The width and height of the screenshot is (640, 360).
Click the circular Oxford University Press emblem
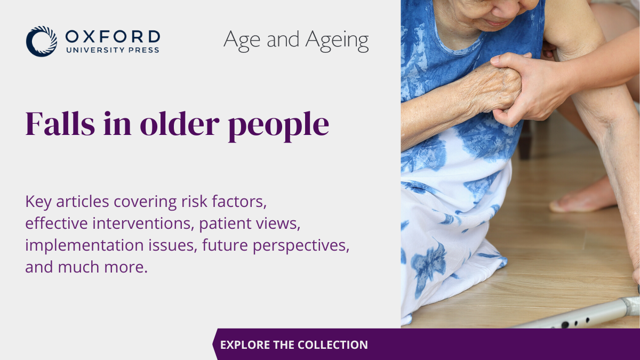point(42,42)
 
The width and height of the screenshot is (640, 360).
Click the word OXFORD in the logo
point(113,37)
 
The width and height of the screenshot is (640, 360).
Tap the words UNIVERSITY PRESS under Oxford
point(113,50)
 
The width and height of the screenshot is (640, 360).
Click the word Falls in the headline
point(60,123)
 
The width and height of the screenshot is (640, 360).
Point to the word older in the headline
point(180,123)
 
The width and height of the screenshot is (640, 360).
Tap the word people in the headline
point(278,126)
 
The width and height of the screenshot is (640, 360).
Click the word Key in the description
point(38,202)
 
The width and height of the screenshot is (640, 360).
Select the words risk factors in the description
point(224,201)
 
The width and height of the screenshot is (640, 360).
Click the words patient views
point(250,223)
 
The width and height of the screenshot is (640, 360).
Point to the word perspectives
point(301,246)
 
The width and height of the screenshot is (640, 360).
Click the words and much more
point(86,267)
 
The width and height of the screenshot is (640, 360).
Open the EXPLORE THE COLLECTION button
point(294,345)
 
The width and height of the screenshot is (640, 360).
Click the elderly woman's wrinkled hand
point(494,86)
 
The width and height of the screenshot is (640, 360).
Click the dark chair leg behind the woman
point(525,140)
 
